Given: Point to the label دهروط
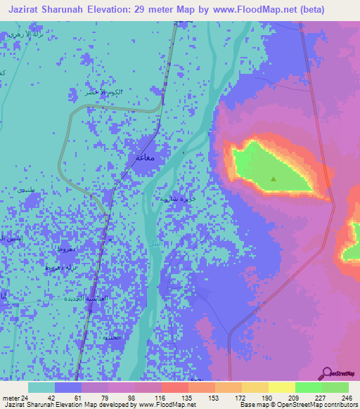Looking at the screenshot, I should tap(67, 249).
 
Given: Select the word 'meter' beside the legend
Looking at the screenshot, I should tap(11, 397).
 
